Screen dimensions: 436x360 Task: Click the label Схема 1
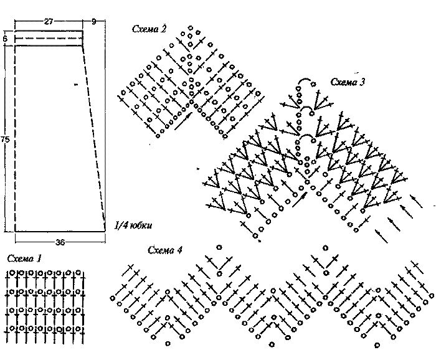[24, 259]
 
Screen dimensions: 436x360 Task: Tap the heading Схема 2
[149, 29]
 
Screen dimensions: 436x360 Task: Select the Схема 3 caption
[348, 82]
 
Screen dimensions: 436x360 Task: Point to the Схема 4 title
[165, 250]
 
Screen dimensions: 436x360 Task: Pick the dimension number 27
[49, 21]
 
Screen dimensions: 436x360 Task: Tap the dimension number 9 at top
[94, 21]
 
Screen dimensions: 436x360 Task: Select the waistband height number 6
[5, 39]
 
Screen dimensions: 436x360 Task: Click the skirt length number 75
[5, 140]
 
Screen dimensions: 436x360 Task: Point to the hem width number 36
[60, 242]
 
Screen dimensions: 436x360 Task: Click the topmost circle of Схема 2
[191, 28]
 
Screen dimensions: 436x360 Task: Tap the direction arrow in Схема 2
[184, 121]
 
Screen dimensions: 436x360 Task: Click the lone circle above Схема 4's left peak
[219, 247]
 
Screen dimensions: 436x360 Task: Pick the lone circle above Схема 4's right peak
[325, 248]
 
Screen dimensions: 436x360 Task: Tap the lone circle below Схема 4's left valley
[168, 344]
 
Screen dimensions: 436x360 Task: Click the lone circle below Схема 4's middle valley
[272, 344]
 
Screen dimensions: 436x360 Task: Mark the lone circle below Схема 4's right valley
[377, 346]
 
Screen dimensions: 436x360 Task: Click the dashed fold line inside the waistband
[49, 38]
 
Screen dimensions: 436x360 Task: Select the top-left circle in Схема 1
[12, 273]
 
